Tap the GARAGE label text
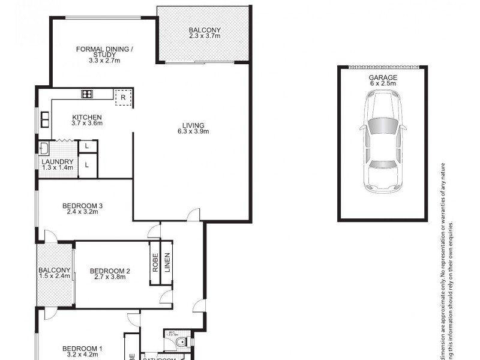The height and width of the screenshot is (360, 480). tap(383, 78)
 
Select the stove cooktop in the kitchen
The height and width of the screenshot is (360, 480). tap(88, 94)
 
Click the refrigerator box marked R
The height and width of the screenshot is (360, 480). tap(123, 97)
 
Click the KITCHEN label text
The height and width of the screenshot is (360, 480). tap(87, 117)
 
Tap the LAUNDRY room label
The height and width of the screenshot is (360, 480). tap(58, 161)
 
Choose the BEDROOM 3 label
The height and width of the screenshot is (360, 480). tap(83, 207)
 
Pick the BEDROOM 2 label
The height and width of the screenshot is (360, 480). tap(110, 271)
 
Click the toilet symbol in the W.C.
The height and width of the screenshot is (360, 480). tap(181, 342)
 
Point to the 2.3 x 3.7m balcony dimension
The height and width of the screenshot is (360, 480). tap(205, 37)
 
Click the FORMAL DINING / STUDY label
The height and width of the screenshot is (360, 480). tap(104, 52)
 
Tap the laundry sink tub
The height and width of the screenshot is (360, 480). tap(44, 148)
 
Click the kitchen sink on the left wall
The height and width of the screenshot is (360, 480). tap(44, 119)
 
